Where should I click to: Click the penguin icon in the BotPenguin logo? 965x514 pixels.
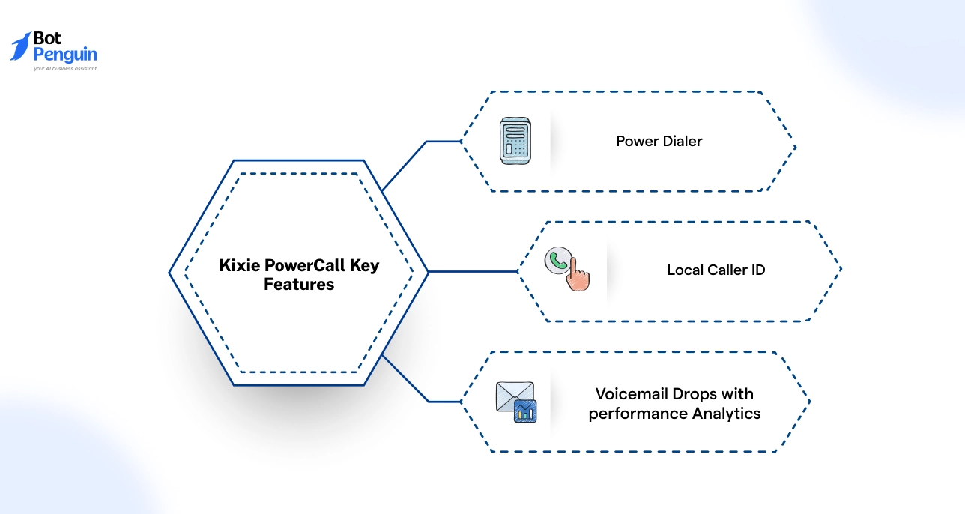(20, 46)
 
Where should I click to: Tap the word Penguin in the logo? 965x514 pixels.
(65, 55)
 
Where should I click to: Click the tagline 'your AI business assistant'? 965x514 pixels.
(65, 68)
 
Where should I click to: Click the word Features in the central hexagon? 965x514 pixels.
(299, 285)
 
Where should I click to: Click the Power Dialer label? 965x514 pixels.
(659, 142)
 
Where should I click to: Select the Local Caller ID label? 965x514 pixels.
(716, 270)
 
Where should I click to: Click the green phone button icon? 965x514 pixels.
(557, 260)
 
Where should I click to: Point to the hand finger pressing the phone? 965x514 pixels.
(576, 276)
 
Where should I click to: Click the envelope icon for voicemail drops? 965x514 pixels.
(514, 396)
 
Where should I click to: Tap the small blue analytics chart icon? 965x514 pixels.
(525, 411)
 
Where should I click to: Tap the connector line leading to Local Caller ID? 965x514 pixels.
(472, 271)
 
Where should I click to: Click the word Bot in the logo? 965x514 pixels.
(47, 40)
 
